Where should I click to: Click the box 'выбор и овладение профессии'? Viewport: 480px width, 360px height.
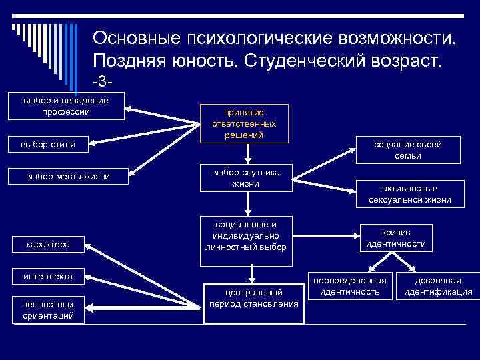[66, 107]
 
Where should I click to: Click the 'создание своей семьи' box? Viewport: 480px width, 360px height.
[407, 150]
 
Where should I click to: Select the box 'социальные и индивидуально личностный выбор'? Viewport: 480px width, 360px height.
[246, 236]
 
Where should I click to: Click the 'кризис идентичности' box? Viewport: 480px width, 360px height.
[395, 238]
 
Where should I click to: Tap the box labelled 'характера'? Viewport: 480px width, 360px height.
[48, 245]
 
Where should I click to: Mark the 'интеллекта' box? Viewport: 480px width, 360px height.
[48, 276]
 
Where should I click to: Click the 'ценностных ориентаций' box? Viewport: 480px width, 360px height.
[48, 309]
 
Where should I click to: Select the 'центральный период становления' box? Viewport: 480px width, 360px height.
[254, 298]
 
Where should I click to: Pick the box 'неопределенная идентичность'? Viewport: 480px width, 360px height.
[349, 286]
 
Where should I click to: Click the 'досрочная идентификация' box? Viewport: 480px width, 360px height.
[438, 286]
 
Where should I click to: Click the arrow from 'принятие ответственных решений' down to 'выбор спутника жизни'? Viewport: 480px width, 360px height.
[247, 153]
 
